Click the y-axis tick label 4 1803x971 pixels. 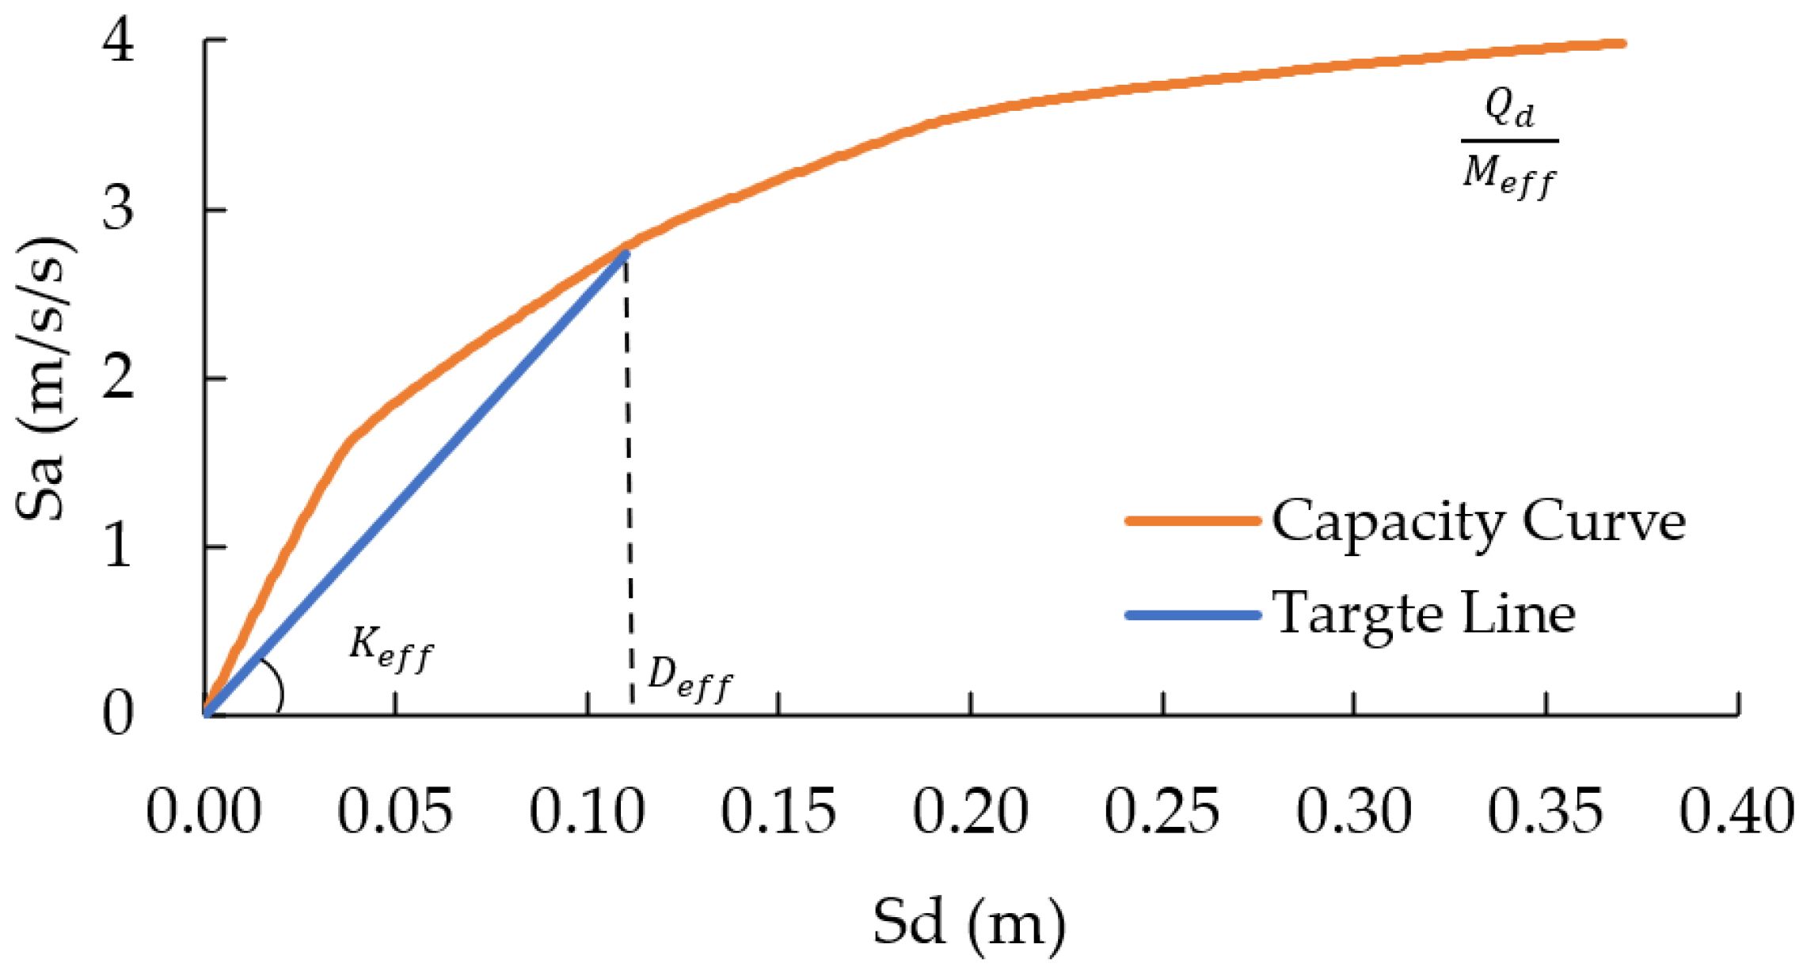tap(119, 41)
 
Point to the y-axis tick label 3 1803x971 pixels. tap(119, 209)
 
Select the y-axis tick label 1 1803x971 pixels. tap(119, 546)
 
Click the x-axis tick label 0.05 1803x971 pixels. tap(395, 811)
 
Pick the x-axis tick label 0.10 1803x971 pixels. tap(587, 811)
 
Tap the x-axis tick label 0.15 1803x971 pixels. tap(778, 811)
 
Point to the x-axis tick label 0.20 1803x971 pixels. tap(970, 811)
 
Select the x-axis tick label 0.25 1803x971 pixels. tap(1162, 811)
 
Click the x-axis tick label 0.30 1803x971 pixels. tap(1353, 811)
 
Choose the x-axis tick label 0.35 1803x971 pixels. tap(1545, 811)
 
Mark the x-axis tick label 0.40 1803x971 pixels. tap(1736, 811)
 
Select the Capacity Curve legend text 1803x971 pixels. tap(1478, 522)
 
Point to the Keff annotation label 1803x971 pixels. tap(390, 649)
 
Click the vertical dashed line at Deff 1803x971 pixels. tap(629, 475)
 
